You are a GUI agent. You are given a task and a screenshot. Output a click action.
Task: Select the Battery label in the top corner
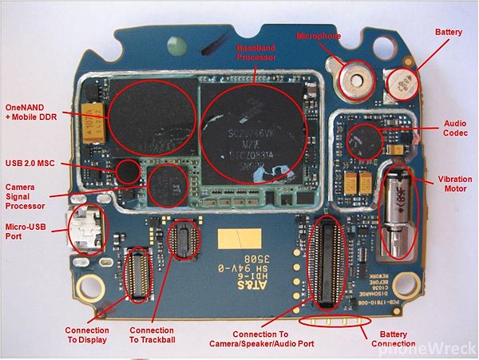[x=448, y=32]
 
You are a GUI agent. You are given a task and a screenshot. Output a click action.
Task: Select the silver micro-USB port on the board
[x=86, y=230]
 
